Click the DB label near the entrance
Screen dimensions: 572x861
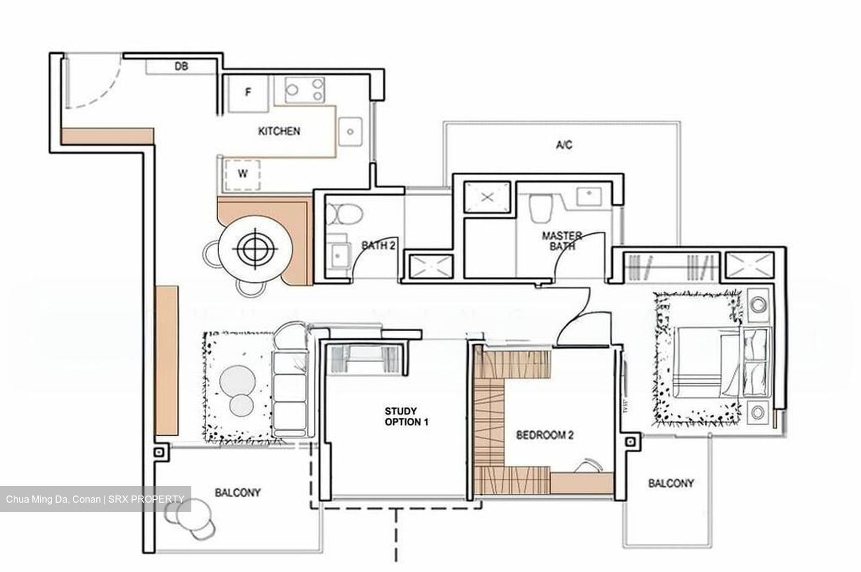181,66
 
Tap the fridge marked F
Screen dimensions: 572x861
249,93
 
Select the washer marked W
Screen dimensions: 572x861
243,175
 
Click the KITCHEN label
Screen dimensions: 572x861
279,131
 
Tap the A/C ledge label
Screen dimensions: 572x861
563,145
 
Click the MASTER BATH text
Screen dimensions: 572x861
561,240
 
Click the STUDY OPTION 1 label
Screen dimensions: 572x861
407,416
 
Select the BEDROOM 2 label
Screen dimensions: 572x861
545,435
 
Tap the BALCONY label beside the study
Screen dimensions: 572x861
237,493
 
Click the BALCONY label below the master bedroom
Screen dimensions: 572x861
671,483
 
